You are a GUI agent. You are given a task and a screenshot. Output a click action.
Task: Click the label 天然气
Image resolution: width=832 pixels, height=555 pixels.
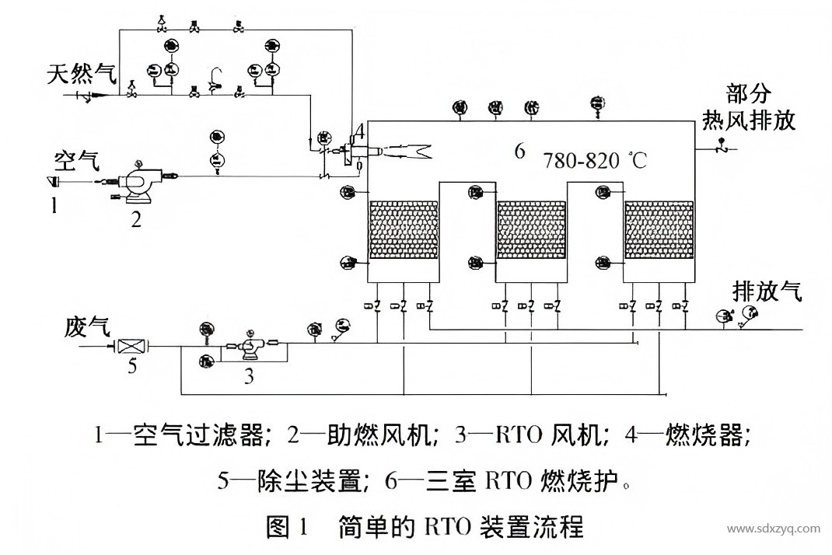(x=81, y=75)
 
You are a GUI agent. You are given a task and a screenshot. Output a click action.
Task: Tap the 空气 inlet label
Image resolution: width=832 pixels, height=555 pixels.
(x=76, y=161)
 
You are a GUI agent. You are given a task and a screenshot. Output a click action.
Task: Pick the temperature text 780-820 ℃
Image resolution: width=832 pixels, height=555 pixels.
(x=595, y=161)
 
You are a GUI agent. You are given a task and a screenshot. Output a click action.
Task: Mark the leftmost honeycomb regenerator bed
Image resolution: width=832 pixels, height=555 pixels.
(x=402, y=232)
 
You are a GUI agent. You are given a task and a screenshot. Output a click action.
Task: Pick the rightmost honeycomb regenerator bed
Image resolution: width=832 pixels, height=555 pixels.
(x=657, y=232)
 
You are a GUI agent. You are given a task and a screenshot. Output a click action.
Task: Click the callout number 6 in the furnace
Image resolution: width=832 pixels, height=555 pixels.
(x=519, y=151)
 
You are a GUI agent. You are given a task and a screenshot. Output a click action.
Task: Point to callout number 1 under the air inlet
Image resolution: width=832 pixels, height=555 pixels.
(x=54, y=205)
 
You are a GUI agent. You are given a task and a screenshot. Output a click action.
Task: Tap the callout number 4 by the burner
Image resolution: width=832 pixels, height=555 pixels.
(x=358, y=129)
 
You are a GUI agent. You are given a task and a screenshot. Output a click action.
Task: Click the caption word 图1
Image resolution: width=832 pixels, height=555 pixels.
(x=288, y=529)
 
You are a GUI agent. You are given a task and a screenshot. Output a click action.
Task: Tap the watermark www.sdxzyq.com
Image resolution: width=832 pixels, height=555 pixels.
(x=773, y=529)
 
